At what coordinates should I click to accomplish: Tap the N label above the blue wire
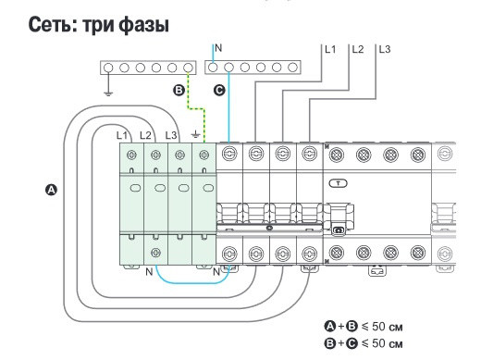click(x=217, y=46)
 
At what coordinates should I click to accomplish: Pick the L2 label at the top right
click(x=358, y=47)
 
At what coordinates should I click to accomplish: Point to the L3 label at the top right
click(x=384, y=47)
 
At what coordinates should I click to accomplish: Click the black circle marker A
click(x=52, y=189)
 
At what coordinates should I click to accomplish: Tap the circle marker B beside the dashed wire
click(x=179, y=91)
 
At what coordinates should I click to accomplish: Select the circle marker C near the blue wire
click(x=218, y=91)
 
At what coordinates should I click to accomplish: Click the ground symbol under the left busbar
click(x=108, y=92)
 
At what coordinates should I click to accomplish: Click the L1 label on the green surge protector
click(x=121, y=136)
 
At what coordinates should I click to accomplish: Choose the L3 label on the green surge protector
click(x=170, y=136)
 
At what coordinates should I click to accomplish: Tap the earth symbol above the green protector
click(x=193, y=135)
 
